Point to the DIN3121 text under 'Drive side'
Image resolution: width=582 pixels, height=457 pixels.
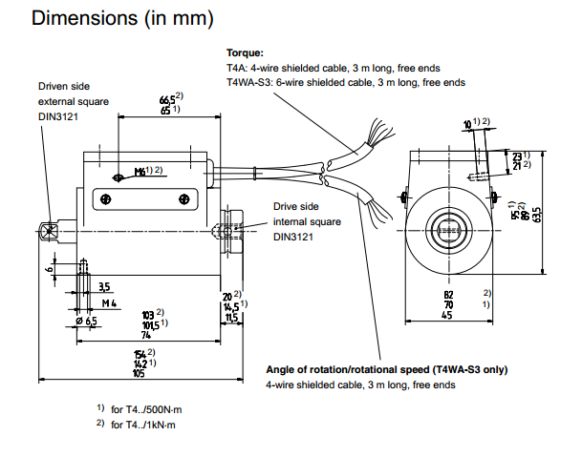(x=294, y=237)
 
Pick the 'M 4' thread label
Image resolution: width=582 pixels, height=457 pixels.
(x=109, y=303)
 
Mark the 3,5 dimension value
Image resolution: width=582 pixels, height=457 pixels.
(x=103, y=286)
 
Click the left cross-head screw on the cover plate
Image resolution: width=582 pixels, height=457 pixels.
(x=106, y=198)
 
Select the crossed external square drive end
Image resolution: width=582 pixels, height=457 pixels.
(x=47, y=231)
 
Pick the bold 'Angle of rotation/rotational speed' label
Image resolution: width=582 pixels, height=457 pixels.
(x=386, y=369)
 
